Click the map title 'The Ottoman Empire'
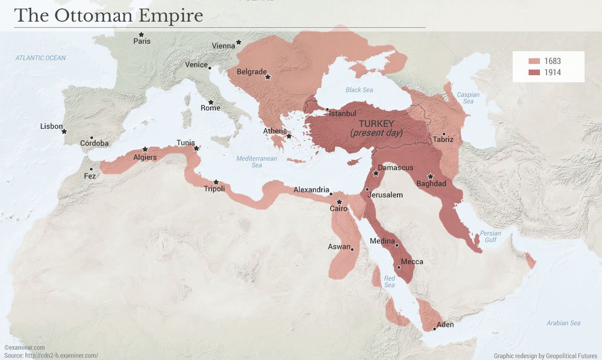(x=109, y=16)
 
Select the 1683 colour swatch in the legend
(x=534, y=61)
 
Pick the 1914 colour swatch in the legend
(x=534, y=73)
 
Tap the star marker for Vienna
(x=239, y=43)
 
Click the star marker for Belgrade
(x=268, y=77)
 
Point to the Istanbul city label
(x=343, y=114)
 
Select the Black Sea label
(x=359, y=90)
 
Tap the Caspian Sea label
(x=468, y=98)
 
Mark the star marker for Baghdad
(x=430, y=176)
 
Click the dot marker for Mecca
(x=399, y=267)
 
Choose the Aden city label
(x=445, y=324)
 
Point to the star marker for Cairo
(x=339, y=202)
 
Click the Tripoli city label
(x=214, y=189)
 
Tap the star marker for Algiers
(x=145, y=149)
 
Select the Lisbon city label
(x=51, y=126)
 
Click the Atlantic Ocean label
(x=40, y=58)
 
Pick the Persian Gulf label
(x=490, y=237)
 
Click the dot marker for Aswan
(x=352, y=249)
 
